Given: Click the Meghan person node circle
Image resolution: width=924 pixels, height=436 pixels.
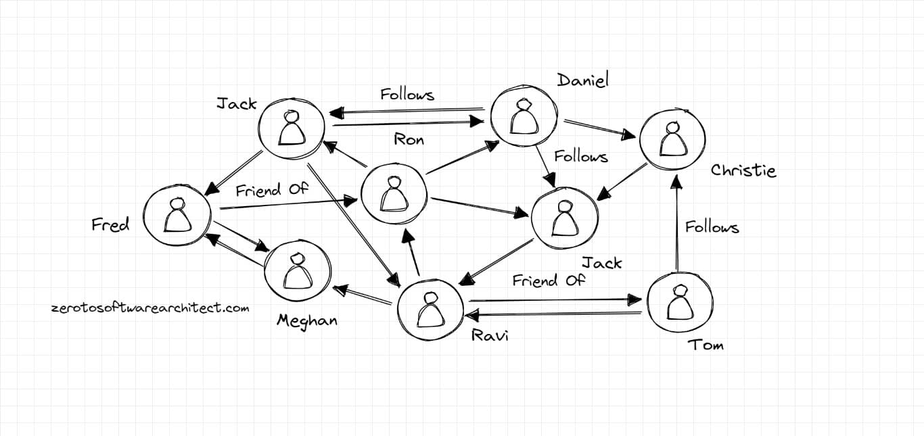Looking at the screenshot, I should tap(297, 271).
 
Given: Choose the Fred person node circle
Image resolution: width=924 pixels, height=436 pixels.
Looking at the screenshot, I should tap(177, 215).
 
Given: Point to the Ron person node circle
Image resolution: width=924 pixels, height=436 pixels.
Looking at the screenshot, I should tap(393, 195).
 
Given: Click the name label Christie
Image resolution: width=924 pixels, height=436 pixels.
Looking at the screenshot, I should tap(743, 170).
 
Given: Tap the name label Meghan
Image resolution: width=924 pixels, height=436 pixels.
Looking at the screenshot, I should tap(306, 320).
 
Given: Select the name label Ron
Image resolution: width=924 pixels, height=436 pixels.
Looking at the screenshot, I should tap(409, 140).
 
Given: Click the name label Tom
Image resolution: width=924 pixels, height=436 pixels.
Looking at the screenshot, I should tap(706, 345).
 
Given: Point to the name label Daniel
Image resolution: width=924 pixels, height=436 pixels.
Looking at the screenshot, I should tap(582, 80).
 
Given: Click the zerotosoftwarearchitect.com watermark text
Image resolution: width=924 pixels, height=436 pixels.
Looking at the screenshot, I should tap(150, 308).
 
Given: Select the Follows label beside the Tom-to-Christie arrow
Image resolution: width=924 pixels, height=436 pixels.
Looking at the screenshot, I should tap(712, 227).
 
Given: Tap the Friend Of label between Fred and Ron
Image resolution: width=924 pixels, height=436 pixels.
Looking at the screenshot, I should tap(271, 190).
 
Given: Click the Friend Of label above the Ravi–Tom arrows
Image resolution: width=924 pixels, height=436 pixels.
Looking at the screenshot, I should tap(548, 280).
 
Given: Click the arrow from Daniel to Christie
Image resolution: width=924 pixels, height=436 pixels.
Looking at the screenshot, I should tap(599, 130).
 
